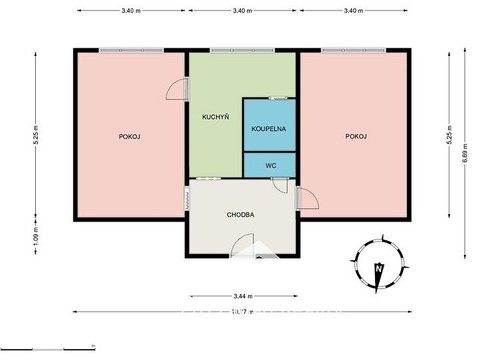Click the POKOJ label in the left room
coord(128,136)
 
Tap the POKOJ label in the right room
coord(356,136)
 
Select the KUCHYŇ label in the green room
coord(215,117)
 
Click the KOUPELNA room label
coord(270,129)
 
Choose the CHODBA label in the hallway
coord(240,215)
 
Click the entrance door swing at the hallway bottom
coord(243,247)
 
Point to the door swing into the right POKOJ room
coord(308,198)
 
